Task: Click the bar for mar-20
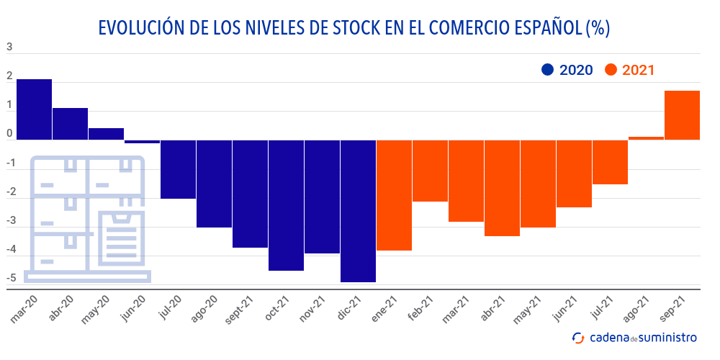click(34, 109)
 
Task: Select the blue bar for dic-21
click(358, 211)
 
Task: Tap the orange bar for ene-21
click(394, 195)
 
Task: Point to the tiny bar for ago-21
click(646, 138)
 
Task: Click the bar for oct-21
click(286, 205)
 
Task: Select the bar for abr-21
click(502, 188)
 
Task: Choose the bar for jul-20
click(178, 169)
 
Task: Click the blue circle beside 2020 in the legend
click(547, 70)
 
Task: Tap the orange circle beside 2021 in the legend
click(611, 70)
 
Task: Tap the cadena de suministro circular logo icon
click(577, 337)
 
